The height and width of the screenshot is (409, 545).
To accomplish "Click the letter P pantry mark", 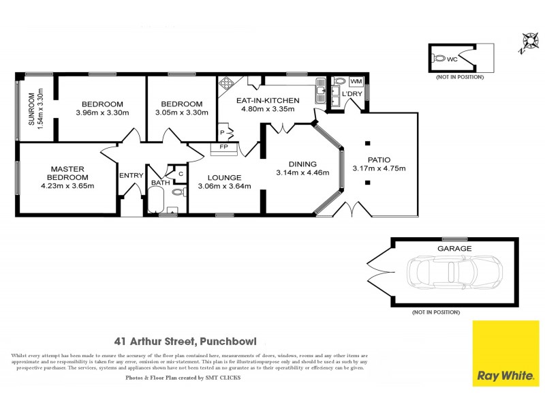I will [222, 132].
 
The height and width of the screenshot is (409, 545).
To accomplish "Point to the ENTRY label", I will [131, 175].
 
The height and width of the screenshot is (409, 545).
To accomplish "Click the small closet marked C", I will [181, 173].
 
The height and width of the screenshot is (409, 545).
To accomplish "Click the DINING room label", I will [302, 164].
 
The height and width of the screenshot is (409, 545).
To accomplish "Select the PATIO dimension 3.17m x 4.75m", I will [379, 169].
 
